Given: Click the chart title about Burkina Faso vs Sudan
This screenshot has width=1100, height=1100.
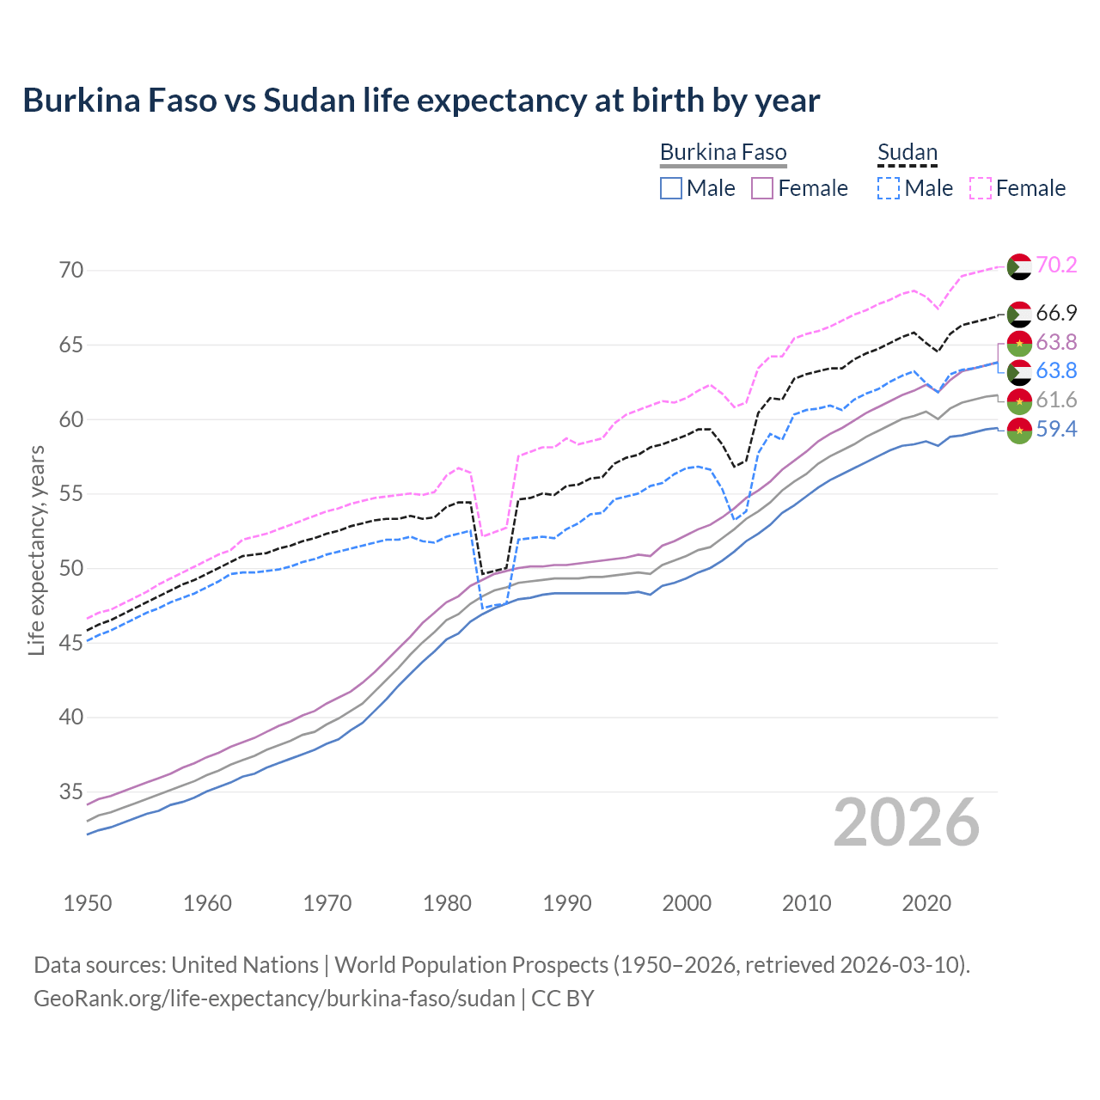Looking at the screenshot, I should click(421, 101).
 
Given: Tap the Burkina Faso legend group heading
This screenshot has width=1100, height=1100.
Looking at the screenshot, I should click(723, 153).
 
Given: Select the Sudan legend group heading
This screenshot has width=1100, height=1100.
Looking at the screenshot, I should click(907, 153).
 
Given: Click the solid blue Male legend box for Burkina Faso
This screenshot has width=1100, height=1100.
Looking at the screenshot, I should click(671, 188).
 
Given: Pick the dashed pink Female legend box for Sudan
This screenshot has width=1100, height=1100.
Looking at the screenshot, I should click(981, 188).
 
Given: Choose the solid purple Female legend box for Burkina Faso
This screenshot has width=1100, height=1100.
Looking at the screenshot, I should click(762, 188).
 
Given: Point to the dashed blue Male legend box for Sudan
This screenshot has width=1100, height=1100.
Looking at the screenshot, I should click(889, 188).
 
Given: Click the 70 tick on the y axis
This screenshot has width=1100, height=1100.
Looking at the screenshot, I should click(71, 270).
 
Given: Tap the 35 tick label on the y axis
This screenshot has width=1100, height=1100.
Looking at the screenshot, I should click(71, 791).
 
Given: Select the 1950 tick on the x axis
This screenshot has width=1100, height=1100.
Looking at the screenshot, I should click(88, 903).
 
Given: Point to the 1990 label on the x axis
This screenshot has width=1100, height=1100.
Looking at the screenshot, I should click(567, 903).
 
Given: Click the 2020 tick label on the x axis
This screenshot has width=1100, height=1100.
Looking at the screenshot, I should click(926, 903).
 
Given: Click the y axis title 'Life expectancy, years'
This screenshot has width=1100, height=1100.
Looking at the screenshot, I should click(36, 550).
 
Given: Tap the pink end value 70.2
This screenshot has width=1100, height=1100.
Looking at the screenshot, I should click(1056, 265).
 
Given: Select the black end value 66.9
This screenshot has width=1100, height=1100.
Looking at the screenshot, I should click(1056, 313).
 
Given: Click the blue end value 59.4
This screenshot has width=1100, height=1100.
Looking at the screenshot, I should click(1056, 429).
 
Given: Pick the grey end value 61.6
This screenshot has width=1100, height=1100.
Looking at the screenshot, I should click(1056, 400).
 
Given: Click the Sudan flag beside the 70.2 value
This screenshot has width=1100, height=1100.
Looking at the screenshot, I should click(1019, 266).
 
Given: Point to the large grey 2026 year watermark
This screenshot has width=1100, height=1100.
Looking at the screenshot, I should click(907, 822).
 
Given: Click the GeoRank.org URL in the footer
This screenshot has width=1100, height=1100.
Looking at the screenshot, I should click(274, 999).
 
